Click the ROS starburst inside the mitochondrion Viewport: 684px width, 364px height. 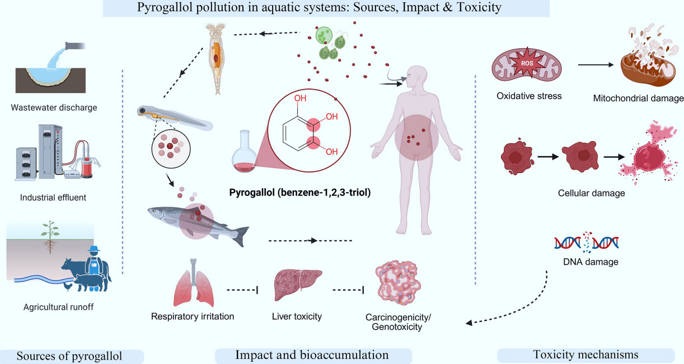527,63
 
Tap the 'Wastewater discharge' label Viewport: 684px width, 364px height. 54,108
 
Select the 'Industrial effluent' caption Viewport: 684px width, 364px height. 53,198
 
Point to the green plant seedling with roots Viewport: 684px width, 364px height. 50,237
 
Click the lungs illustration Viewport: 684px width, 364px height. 194,283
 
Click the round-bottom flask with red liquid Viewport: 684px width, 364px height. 244,151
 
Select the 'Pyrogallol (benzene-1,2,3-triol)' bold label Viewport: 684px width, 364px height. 300,193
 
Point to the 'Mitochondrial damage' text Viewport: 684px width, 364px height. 638,99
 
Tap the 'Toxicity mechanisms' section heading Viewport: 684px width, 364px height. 585,354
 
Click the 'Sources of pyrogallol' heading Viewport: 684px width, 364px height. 69,356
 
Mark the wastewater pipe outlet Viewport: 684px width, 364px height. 75,46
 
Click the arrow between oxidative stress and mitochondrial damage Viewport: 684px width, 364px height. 596,65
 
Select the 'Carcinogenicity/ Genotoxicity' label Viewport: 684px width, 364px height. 398,322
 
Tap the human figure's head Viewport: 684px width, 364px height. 416,77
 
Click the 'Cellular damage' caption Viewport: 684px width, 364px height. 591,193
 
